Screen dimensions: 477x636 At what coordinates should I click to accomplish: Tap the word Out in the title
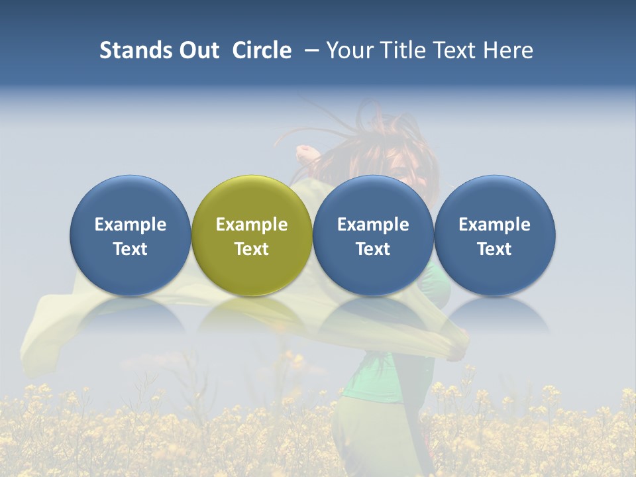coord(197,50)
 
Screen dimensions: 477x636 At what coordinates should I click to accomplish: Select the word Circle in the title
coord(262,50)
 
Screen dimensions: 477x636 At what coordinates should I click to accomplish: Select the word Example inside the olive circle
coord(252,225)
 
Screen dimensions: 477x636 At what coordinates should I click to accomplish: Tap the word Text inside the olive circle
coord(252,249)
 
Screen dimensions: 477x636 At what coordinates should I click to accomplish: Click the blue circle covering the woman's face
coord(373,199)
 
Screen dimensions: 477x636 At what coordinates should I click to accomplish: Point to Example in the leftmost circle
coord(131,225)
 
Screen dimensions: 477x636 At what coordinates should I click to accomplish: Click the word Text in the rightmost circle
coord(495,249)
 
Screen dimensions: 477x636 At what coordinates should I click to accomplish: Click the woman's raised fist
coord(305,154)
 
